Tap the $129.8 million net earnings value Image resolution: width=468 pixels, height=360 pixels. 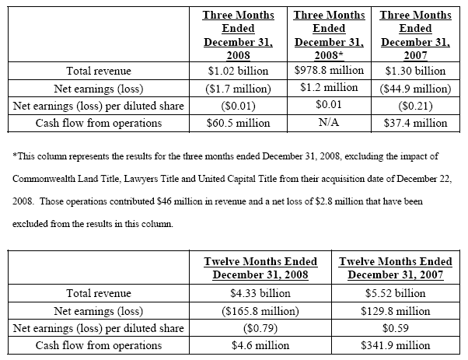398,311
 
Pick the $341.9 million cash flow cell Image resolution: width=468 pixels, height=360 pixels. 398,345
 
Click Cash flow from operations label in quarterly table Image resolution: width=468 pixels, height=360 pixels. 99,123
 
